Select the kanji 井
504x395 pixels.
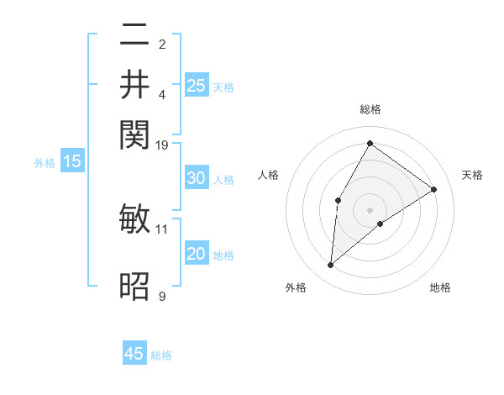(134, 85)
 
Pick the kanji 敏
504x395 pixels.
(134, 220)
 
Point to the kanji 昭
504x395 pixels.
(134, 287)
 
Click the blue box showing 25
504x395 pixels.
(196, 86)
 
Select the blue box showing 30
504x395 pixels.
(196, 178)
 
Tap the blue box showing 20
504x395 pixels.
(196, 255)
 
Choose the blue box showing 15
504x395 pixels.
(72, 162)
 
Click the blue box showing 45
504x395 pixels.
(134, 354)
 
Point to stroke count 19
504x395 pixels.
(162, 145)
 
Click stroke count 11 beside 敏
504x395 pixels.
(162, 228)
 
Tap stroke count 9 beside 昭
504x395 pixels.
(162, 296)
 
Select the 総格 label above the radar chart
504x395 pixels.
(370, 110)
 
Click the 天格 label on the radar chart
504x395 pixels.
(472, 175)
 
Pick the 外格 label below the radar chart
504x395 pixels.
(296, 287)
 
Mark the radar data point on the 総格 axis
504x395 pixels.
(370, 143)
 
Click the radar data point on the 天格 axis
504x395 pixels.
(433, 189)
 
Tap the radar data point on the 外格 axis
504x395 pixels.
(330, 266)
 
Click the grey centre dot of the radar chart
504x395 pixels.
(370, 209)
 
